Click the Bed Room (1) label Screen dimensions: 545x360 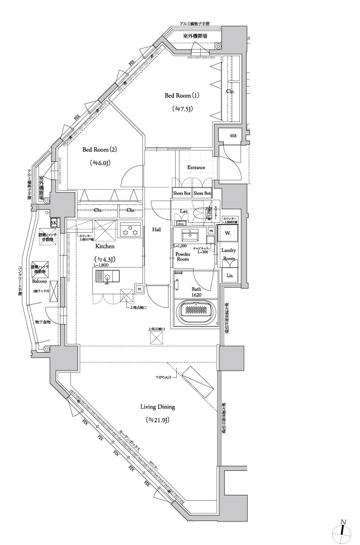(x=183, y=95)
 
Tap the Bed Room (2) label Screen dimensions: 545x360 (x=100, y=149)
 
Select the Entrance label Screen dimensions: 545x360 (x=196, y=167)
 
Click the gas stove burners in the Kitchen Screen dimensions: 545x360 (x=130, y=231)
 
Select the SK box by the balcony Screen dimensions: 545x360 (x=54, y=223)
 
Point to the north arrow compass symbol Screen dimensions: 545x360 (x=342, y=531)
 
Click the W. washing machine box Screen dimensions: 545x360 (x=227, y=232)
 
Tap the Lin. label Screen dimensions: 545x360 (x=230, y=275)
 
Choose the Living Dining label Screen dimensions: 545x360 (x=158, y=407)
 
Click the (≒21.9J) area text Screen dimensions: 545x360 (x=158, y=420)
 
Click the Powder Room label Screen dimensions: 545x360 (x=183, y=256)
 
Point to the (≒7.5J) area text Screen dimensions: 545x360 (x=183, y=108)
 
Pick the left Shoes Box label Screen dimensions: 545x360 (x=182, y=193)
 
